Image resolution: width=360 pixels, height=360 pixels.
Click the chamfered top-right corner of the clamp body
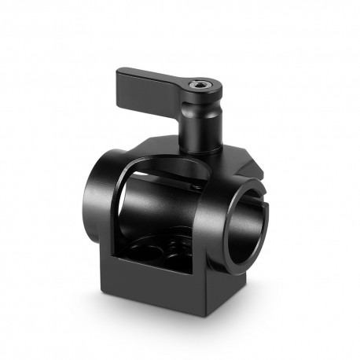(x=252, y=154)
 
